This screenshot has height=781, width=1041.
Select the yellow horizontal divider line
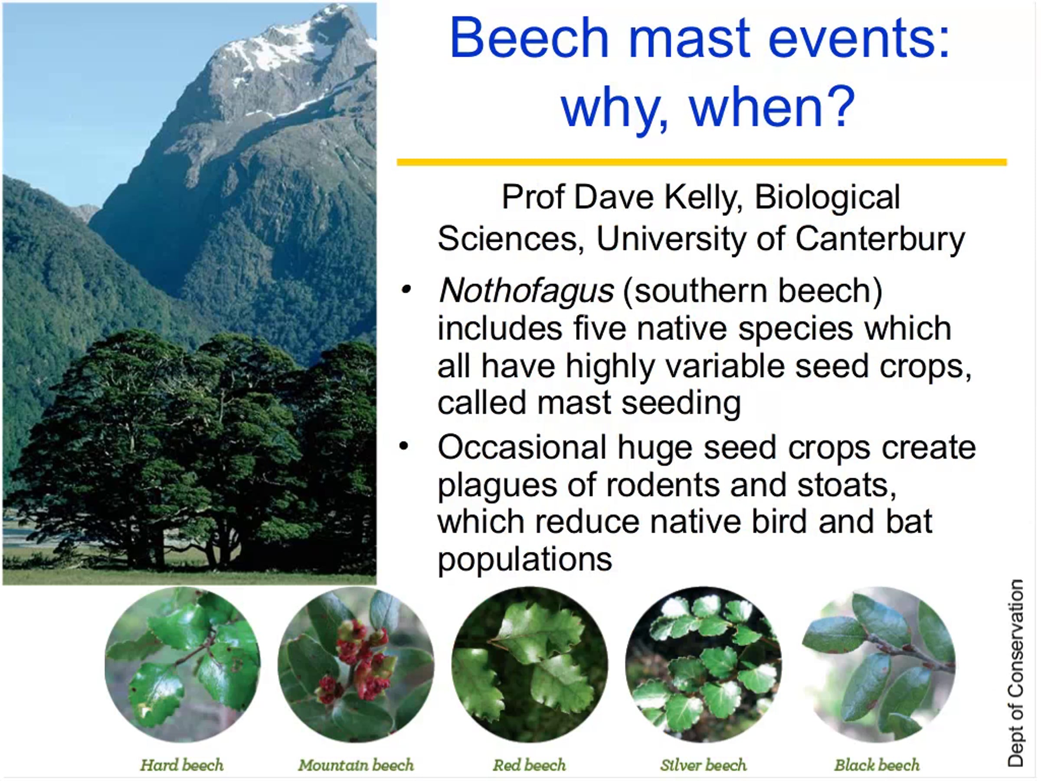[x=702, y=162]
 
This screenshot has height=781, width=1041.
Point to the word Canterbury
[x=880, y=239]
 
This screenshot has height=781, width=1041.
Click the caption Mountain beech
[x=356, y=765]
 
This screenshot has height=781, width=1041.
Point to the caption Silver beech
[x=703, y=765]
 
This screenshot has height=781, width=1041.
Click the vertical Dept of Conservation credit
[x=1015, y=673]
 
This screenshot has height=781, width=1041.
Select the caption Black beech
[x=877, y=765]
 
